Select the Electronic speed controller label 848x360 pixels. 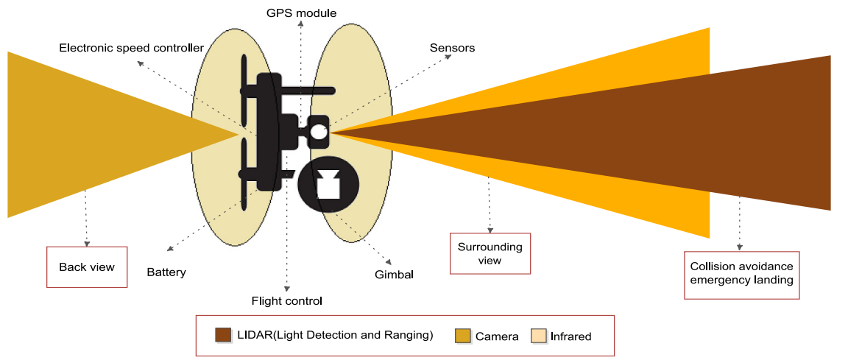[131, 48]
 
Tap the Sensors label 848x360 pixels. [452, 48]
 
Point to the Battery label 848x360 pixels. [166, 272]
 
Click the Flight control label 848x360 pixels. [287, 300]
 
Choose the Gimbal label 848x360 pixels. [395, 275]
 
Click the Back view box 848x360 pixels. [87, 267]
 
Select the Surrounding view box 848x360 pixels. [490, 253]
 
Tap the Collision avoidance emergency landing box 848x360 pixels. [741, 273]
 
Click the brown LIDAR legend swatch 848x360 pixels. [223, 335]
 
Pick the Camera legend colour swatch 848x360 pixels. [463, 336]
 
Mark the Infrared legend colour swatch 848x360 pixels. [539, 336]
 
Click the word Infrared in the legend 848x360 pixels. [570, 336]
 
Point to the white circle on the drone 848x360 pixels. [317, 131]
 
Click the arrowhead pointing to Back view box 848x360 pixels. [87, 243]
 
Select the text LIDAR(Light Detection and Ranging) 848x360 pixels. [334, 336]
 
